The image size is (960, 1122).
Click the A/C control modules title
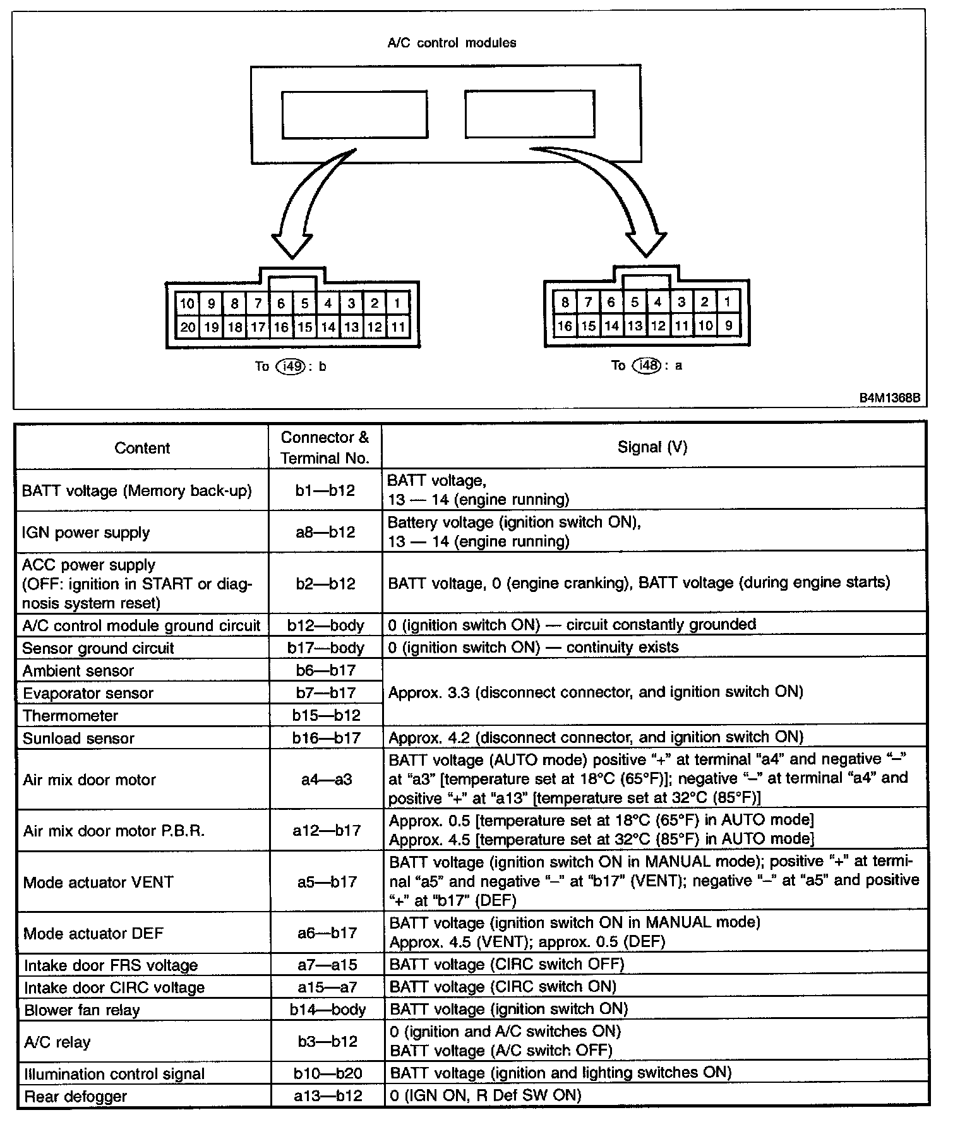451,43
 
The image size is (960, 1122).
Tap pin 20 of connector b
187,327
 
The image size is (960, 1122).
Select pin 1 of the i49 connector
397,303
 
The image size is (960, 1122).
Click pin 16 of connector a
565,326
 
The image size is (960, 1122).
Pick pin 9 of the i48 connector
728,326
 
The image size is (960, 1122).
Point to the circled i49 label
290,366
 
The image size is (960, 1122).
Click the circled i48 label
646,365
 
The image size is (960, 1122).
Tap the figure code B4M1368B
889,399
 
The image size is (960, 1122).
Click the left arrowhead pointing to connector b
292,243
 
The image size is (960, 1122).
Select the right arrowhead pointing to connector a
646,243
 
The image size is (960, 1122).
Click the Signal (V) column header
652,447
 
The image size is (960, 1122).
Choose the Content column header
142,448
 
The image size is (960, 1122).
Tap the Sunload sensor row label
78,738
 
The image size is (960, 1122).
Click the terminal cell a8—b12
325,532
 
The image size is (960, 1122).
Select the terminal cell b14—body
327,1010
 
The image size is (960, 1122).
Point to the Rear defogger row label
75,1096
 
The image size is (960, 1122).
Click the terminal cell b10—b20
327,1073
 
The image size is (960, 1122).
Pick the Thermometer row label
70,716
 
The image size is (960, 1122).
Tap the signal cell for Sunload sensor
596,737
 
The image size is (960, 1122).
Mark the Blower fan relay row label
81,1010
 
